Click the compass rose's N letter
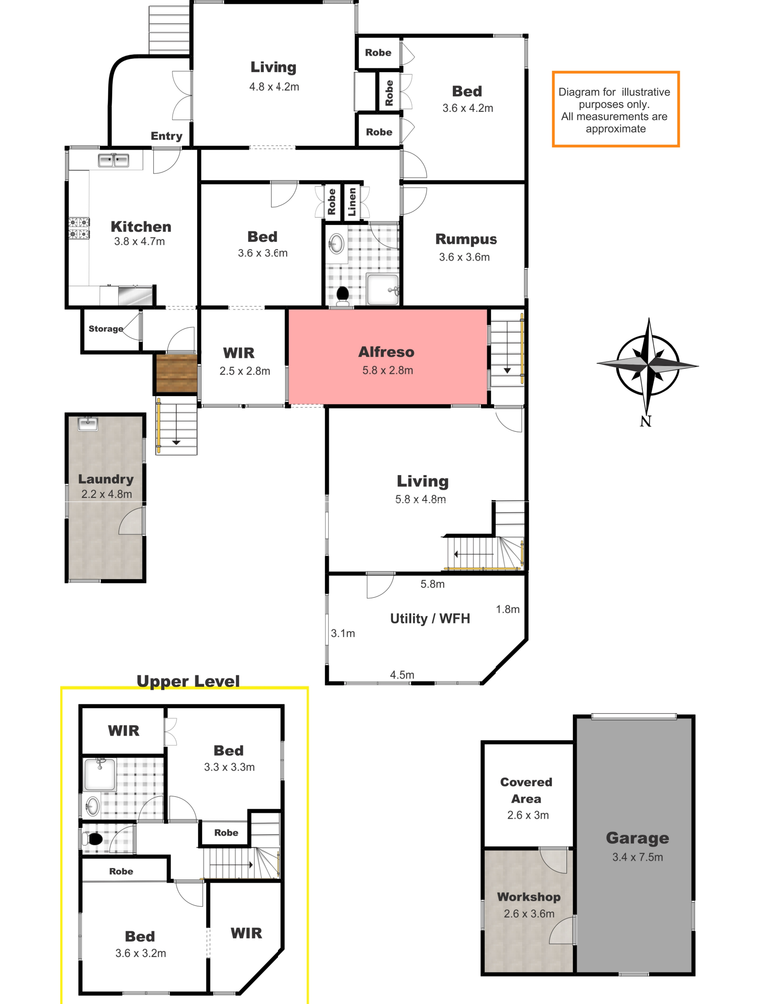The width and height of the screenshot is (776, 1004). click(645, 421)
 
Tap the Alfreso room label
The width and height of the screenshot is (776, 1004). click(386, 352)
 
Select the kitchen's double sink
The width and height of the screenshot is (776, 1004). click(114, 160)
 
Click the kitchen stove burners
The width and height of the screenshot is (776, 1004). click(79, 228)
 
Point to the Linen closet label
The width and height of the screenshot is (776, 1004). click(352, 202)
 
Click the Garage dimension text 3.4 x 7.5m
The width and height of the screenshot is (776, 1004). click(638, 857)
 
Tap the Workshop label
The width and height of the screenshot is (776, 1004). click(529, 897)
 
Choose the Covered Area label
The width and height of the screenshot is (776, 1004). click(526, 790)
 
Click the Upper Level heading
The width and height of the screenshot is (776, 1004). click(188, 681)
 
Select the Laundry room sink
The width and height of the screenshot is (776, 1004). click(88, 424)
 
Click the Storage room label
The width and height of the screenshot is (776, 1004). click(106, 329)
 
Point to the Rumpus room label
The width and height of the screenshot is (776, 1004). click(466, 240)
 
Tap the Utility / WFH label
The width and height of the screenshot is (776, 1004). click(430, 618)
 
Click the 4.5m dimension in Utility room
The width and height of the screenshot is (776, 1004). click(402, 675)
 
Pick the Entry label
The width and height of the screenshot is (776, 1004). click(167, 136)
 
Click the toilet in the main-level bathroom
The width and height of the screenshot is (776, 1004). click(342, 296)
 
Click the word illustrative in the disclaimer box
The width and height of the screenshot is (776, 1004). click(646, 92)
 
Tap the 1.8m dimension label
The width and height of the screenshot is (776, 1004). click(508, 609)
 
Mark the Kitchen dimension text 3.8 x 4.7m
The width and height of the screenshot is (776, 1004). click(139, 241)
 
